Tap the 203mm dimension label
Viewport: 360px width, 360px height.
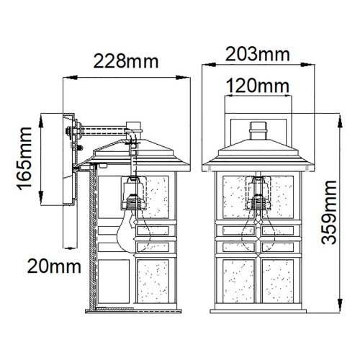[257, 55]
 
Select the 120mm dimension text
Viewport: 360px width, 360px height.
[257, 88]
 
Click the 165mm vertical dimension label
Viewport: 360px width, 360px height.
[25, 166]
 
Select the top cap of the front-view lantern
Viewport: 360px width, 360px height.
[257, 132]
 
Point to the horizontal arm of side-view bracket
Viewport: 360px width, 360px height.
[101, 131]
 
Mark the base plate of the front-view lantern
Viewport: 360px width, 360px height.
[257, 311]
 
